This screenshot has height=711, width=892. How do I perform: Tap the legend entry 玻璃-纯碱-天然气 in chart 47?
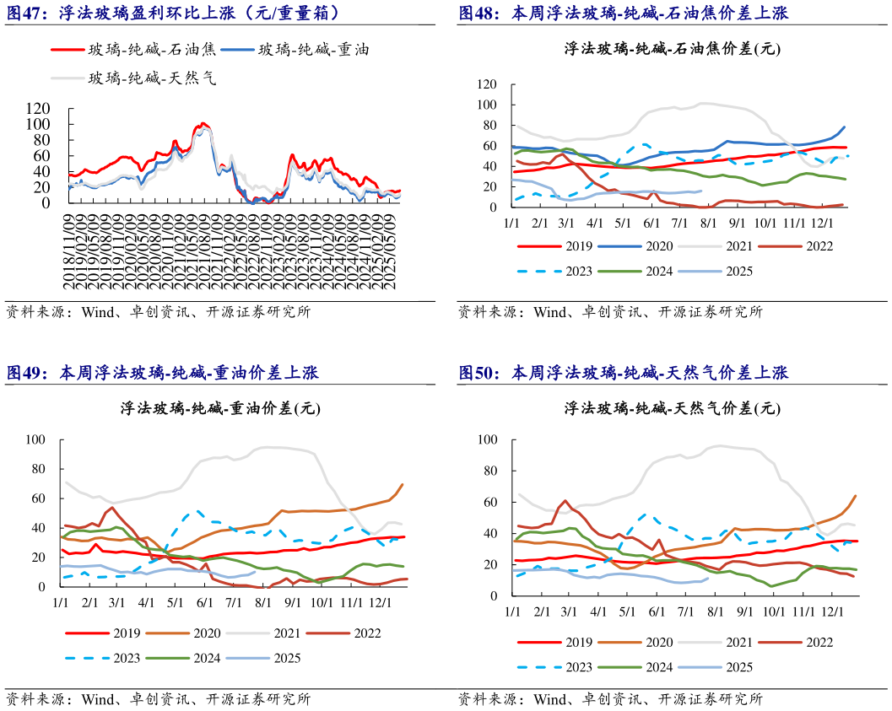[153, 78]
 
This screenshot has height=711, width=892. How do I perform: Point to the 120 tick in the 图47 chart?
[39, 108]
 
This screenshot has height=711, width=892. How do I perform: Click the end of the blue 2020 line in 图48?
[844, 127]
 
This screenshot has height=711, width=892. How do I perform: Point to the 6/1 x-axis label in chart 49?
[203, 604]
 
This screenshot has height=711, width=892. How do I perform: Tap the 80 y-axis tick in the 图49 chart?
[35, 470]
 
